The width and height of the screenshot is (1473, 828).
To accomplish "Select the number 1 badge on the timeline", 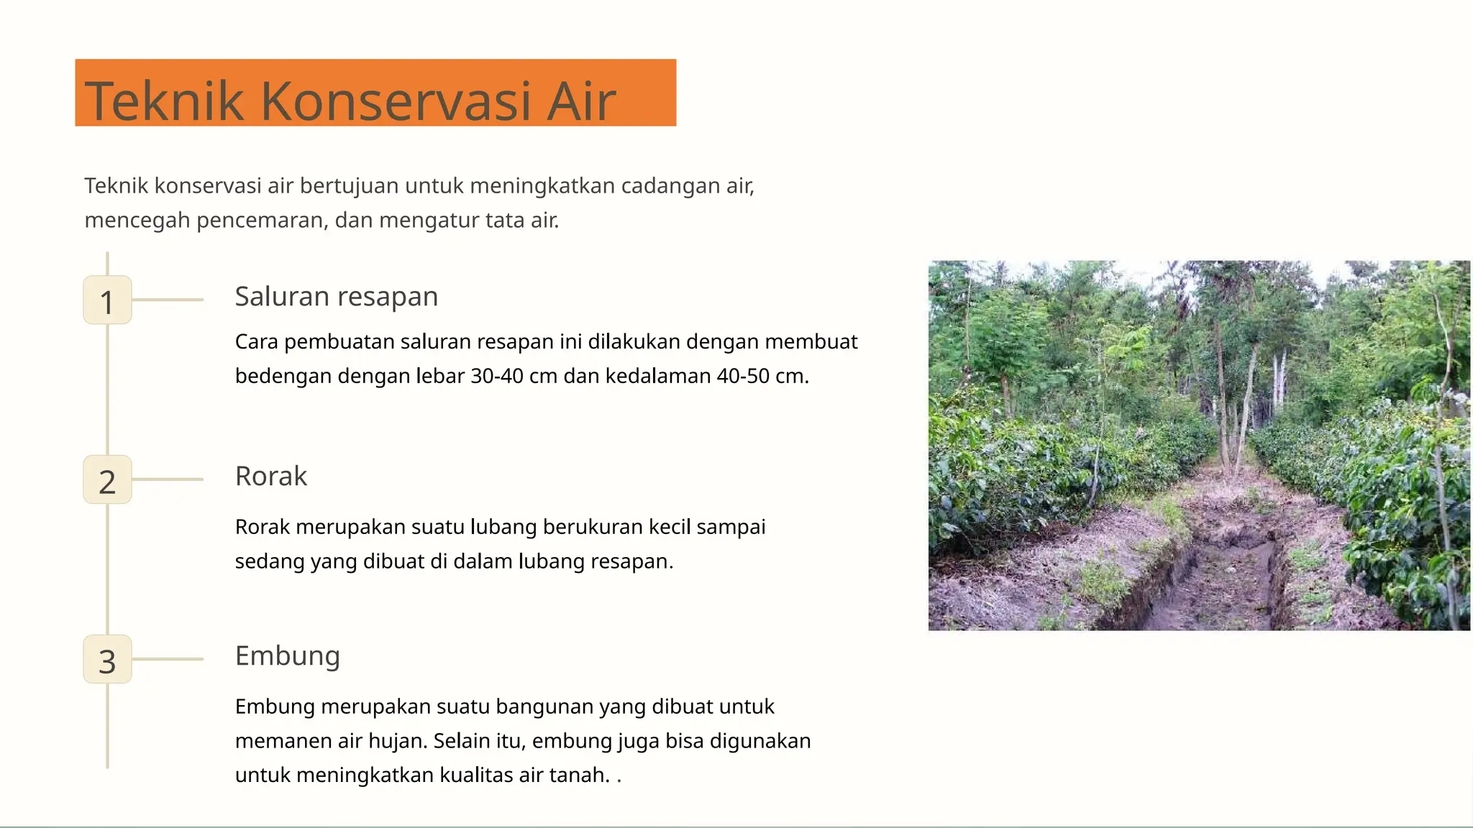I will [107, 300].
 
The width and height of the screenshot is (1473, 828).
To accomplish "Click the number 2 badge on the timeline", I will [107, 480].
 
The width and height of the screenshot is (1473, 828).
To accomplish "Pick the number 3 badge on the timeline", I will [107, 660].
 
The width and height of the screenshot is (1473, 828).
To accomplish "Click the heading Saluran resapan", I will [336, 297].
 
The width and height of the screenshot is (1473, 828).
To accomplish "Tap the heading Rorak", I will [270, 477].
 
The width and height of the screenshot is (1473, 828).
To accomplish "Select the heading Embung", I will [287, 656].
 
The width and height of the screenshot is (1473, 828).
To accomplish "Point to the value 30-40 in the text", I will [497, 376].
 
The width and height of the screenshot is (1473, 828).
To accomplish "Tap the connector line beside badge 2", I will [168, 479].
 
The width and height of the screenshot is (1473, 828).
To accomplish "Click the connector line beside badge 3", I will [168, 659].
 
